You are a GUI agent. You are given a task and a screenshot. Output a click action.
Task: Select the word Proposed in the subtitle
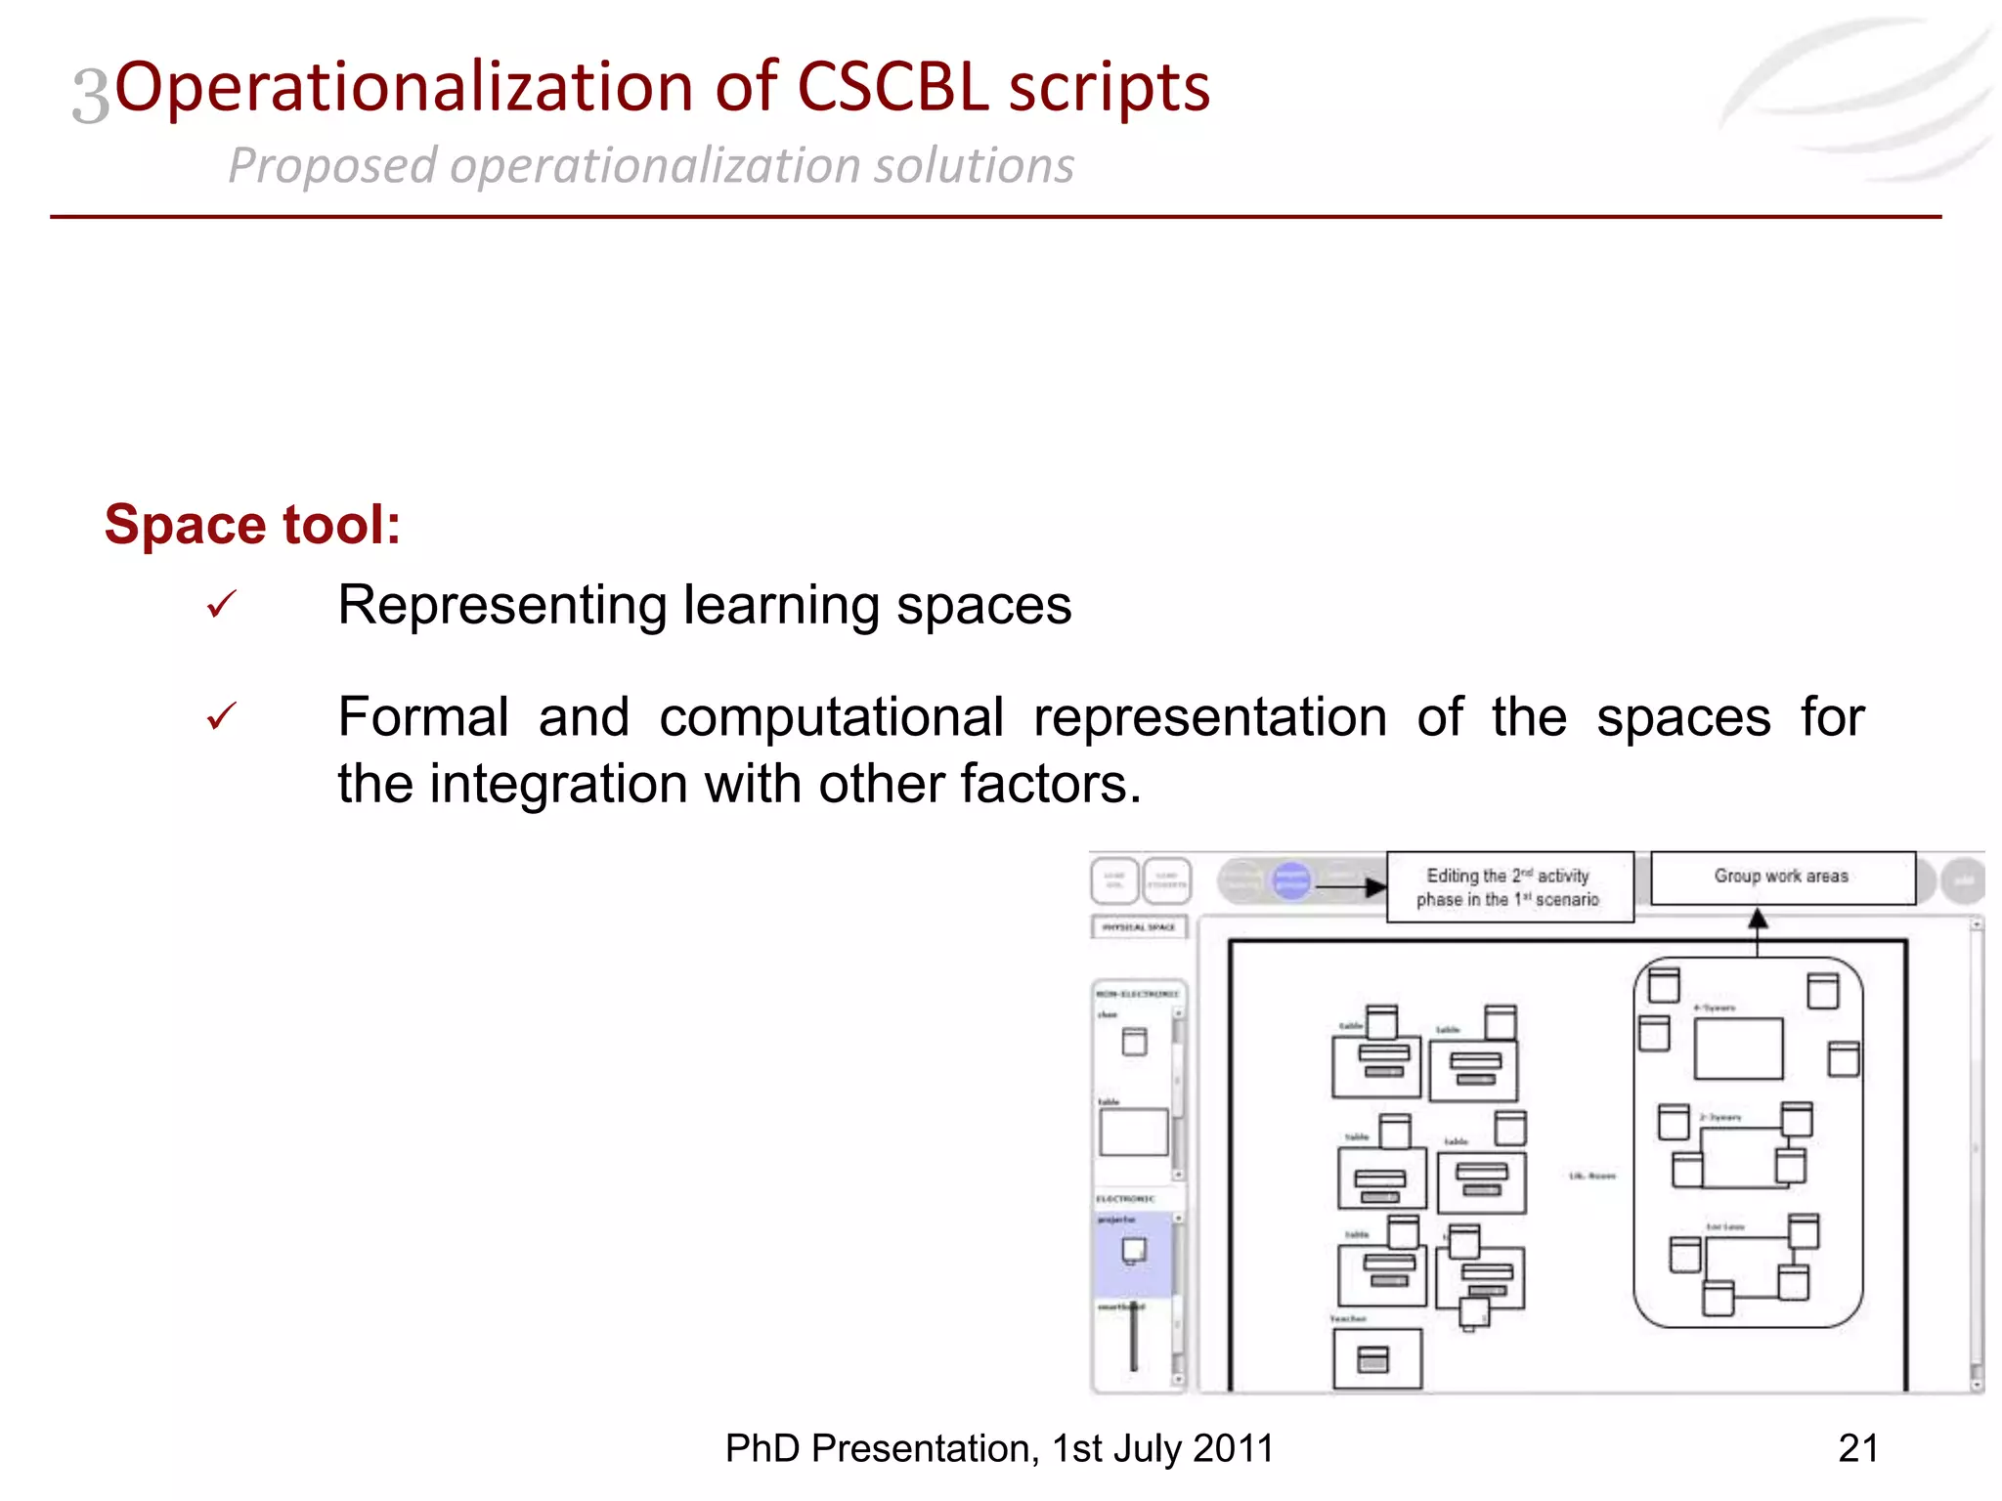tap(331, 165)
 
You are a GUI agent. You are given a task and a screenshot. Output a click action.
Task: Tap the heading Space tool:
tap(252, 525)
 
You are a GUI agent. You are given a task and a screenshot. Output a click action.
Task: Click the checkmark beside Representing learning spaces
tap(222, 605)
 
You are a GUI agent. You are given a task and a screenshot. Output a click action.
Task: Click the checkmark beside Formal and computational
tap(222, 717)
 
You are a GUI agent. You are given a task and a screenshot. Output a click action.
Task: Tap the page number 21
tap(1857, 1448)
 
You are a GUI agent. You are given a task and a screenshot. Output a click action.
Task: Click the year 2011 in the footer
tap(1233, 1448)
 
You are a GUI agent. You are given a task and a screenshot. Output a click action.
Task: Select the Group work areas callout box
tap(1781, 878)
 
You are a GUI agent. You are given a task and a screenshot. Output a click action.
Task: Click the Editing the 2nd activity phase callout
tap(1508, 887)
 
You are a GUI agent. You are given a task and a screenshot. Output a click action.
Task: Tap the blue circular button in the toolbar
tap(1290, 881)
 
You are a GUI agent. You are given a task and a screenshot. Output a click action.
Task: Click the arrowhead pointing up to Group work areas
tap(1757, 919)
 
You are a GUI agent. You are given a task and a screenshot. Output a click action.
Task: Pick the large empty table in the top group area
tap(1738, 1049)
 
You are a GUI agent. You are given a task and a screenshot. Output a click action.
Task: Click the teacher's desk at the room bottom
tap(1376, 1358)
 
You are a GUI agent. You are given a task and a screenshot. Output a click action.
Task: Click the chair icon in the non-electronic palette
tap(1134, 1042)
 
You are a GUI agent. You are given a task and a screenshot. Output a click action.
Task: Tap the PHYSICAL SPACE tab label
tap(1139, 926)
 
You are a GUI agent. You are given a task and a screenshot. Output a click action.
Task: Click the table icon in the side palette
tap(1133, 1132)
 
